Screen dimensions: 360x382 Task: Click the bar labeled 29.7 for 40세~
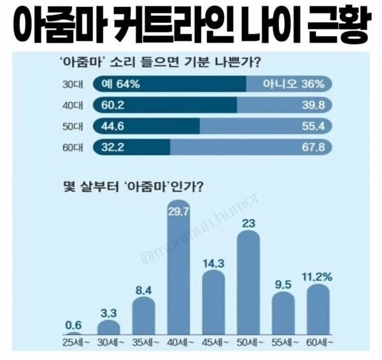tap(178, 273)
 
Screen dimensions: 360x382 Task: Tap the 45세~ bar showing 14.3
tap(213, 302)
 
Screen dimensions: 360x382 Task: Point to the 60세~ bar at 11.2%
tap(318, 308)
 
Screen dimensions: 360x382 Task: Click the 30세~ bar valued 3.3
tap(108, 326)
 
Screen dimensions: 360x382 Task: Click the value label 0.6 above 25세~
tap(73, 324)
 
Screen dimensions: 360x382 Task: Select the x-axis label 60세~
tap(318, 343)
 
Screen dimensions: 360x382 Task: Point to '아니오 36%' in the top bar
tap(299, 83)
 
